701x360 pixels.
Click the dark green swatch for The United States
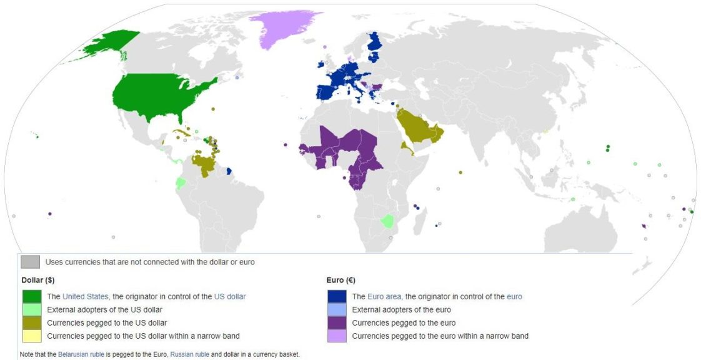(x=31, y=296)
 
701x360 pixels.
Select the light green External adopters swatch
(x=31, y=309)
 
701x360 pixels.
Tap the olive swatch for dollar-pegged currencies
(x=31, y=322)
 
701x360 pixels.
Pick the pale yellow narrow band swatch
(x=31, y=336)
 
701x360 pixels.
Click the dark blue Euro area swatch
(x=337, y=296)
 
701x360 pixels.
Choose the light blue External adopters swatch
(x=337, y=309)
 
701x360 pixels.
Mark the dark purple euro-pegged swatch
(x=337, y=322)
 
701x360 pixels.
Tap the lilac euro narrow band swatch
(x=337, y=336)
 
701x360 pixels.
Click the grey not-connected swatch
(x=30, y=262)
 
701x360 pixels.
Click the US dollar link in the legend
(x=230, y=296)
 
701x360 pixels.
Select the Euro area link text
(x=384, y=296)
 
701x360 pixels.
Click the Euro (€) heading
(x=341, y=281)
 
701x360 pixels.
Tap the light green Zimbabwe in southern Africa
(x=388, y=222)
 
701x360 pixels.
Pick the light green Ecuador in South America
(x=181, y=183)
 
